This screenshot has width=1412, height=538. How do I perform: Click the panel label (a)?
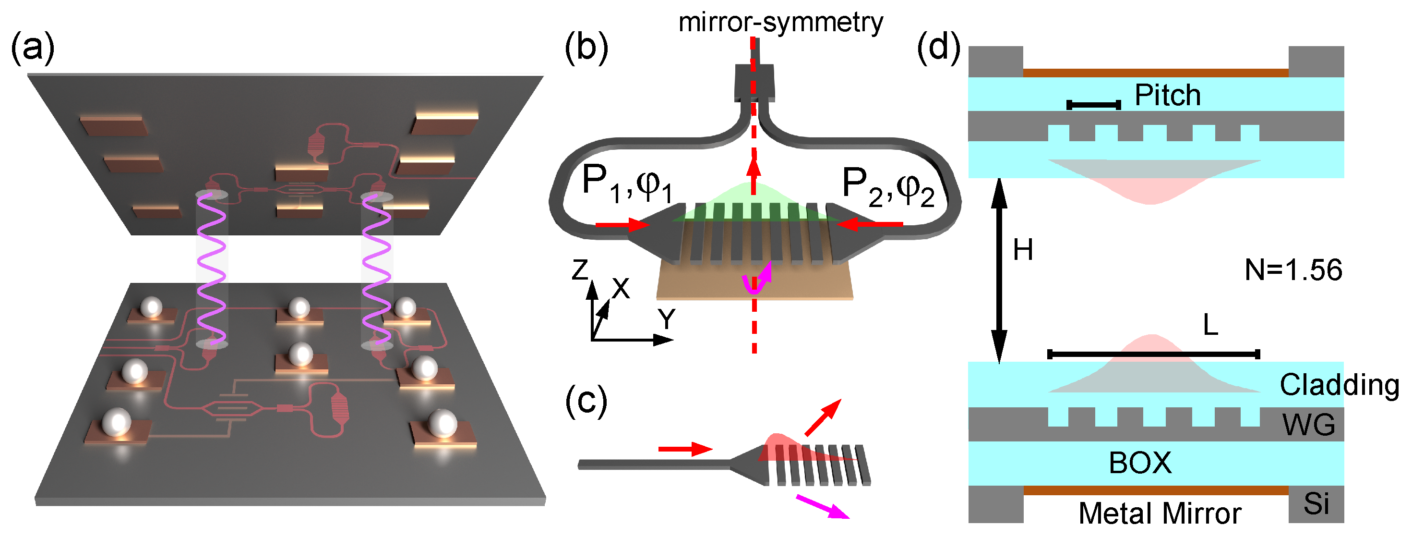tap(33, 48)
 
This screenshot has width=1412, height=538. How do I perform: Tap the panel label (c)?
tap(586, 402)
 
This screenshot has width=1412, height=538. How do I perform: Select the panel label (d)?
tap(938, 48)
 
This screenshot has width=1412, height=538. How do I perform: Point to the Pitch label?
tap(1168, 96)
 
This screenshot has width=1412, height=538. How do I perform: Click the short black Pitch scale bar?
tap(1093, 105)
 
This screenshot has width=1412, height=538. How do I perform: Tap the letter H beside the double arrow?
tap(1023, 250)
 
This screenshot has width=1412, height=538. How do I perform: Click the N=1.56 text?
tap(1293, 270)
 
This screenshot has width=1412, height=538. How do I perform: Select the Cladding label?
tap(1339, 385)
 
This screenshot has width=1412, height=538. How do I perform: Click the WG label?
tap(1308, 425)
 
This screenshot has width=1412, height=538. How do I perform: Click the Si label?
tap(1316, 503)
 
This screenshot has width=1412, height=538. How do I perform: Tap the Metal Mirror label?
tap(1160, 514)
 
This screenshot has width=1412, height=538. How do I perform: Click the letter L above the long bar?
tap(1210, 325)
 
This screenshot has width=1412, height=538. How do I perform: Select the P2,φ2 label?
tap(887, 186)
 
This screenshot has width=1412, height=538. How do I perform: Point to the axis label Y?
tap(667, 318)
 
